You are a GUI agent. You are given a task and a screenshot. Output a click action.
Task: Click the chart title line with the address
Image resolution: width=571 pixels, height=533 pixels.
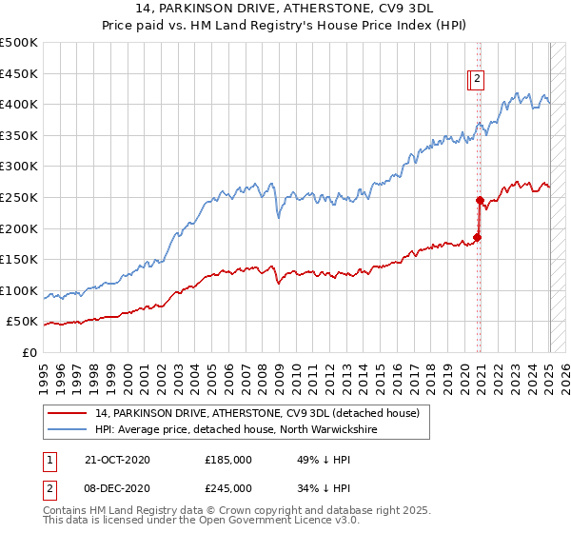tap(285, 9)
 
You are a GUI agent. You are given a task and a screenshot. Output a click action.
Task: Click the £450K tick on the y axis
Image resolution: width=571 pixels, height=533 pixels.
tap(19, 73)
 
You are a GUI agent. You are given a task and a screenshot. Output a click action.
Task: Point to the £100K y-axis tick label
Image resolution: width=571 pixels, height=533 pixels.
tap(19, 290)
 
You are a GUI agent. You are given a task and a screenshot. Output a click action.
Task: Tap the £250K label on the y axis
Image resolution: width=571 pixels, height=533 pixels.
tap(19, 197)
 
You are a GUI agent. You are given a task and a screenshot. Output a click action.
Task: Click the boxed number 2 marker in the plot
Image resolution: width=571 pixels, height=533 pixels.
tap(477, 80)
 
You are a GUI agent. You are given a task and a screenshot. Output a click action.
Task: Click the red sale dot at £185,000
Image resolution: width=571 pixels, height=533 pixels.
tap(478, 237)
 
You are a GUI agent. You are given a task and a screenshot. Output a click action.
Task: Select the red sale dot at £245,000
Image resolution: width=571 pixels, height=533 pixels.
tap(480, 200)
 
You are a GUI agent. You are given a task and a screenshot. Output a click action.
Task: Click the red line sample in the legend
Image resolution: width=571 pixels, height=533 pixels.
tap(67, 413)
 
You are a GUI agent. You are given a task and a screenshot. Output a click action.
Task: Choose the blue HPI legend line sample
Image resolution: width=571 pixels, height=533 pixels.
tap(67, 430)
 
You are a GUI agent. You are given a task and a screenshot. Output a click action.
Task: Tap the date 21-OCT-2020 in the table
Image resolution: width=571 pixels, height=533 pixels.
tap(117, 460)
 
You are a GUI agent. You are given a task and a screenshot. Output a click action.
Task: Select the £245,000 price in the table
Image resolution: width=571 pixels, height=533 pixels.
tap(228, 488)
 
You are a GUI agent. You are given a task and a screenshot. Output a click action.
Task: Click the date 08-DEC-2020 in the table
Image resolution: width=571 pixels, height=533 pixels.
tap(117, 488)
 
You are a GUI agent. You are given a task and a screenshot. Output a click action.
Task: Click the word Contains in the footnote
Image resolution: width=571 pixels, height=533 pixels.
tap(68, 512)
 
